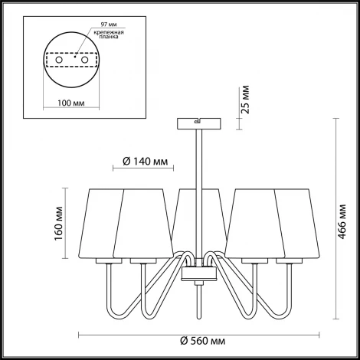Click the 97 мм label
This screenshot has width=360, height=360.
pyautogui.click(x=109, y=25)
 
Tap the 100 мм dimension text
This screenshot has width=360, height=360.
pyautogui.click(x=71, y=103)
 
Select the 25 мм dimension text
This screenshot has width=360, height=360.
pyautogui.click(x=245, y=100)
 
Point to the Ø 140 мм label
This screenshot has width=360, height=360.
pyautogui.click(x=146, y=162)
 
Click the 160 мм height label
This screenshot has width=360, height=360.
pyautogui.click(x=58, y=224)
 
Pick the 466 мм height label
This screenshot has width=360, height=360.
pyautogui.click(x=342, y=221)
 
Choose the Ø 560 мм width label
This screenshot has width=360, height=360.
pyautogui.click(x=203, y=341)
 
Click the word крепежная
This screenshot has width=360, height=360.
pyautogui.click(x=109, y=32)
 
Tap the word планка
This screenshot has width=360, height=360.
pyautogui.click(x=109, y=37)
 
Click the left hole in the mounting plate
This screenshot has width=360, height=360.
pyautogui.click(x=59, y=60)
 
